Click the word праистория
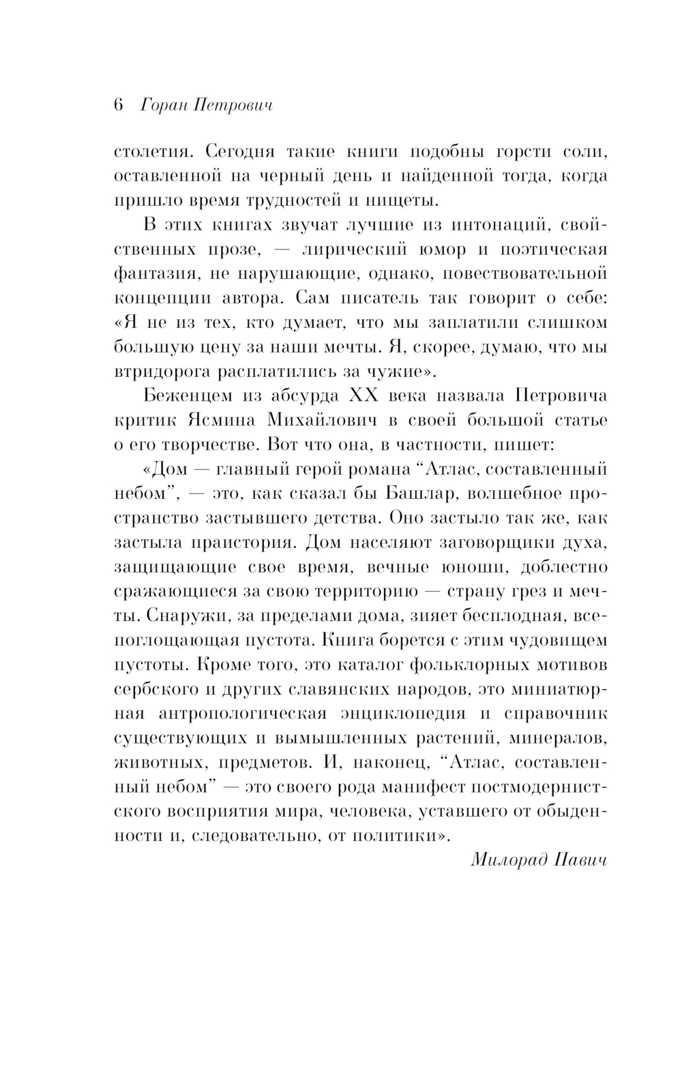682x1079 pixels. (x=220, y=543)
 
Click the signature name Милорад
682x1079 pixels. (x=505, y=860)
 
